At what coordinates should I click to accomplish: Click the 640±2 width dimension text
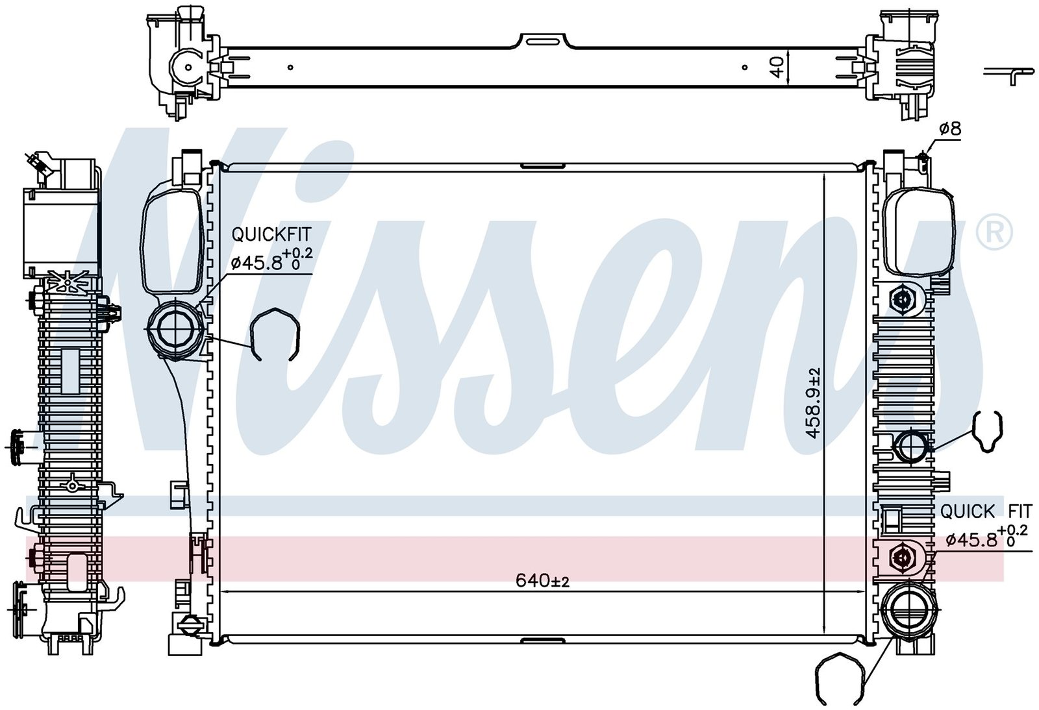[x=542, y=581]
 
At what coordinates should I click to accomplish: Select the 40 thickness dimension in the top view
[x=778, y=67]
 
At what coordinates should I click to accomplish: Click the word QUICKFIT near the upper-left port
[x=272, y=234]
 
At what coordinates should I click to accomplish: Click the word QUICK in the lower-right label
[x=961, y=511]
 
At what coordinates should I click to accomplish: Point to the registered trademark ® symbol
[x=994, y=232]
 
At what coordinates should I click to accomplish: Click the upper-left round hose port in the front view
[x=175, y=328]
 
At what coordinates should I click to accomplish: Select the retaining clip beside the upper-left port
[x=275, y=333]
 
